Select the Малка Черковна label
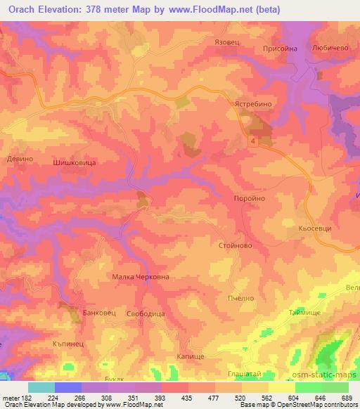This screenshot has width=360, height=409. (141, 277)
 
